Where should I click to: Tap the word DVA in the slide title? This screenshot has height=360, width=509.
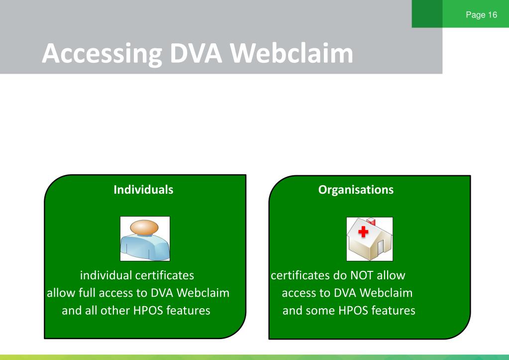196,53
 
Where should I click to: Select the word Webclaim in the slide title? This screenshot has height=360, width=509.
292,53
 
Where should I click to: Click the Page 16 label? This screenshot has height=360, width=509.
482,14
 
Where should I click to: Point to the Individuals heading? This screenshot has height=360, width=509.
143,189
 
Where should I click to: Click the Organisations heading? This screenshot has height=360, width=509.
356,190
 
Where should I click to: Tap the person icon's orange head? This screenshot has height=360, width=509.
144,227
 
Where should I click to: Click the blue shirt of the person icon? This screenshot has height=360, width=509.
145,247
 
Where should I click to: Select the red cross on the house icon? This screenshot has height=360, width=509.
363,232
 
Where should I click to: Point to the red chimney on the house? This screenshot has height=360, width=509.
371,222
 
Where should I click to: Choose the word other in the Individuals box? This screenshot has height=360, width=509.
115,310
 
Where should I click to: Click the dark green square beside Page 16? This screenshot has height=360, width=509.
427,13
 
